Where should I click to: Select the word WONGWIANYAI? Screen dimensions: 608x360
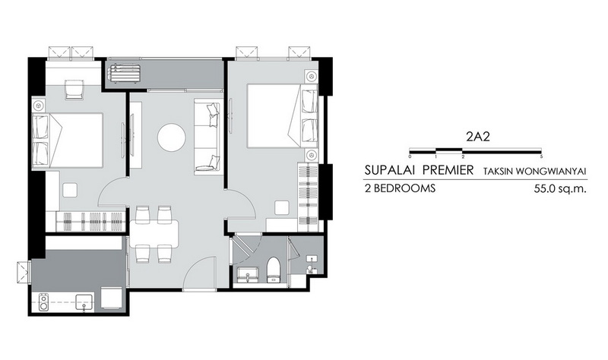(x=559, y=172)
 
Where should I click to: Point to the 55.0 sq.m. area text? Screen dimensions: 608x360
(x=559, y=188)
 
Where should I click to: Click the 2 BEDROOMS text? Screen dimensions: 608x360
(x=400, y=188)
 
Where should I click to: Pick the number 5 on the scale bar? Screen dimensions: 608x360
(x=541, y=156)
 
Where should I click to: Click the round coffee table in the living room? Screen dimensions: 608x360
(x=172, y=137)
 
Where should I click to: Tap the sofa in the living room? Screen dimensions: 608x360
(x=208, y=136)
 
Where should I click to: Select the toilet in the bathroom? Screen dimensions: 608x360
(x=273, y=269)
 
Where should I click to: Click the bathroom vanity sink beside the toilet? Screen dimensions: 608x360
(x=248, y=274)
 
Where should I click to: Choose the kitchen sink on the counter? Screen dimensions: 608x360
(x=84, y=302)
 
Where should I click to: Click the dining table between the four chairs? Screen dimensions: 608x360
(x=154, y=234)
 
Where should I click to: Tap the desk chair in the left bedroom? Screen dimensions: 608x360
(x=74, y=90)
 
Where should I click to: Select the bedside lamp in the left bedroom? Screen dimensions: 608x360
(x=38, y=106)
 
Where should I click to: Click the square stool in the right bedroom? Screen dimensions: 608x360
(x=282, y=207)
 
